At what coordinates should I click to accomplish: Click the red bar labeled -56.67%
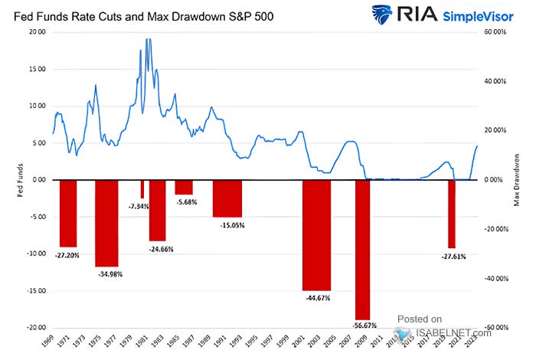[x=362, y=249]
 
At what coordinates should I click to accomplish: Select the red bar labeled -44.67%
[x=316, y=234]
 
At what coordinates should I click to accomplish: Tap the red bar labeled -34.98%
[x=106, y=223]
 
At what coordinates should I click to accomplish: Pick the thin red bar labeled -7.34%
[x=142, y=189]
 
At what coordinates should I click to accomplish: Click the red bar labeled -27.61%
[x=452, y=214]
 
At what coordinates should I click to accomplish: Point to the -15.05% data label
[x=227, y=225]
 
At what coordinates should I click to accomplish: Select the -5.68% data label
[x=184, y=202]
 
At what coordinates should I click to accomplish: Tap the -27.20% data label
[x=69, y=255]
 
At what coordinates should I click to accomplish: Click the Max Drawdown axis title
[x=518, y=180]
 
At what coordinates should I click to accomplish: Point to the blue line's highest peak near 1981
[x=148, y=39]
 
